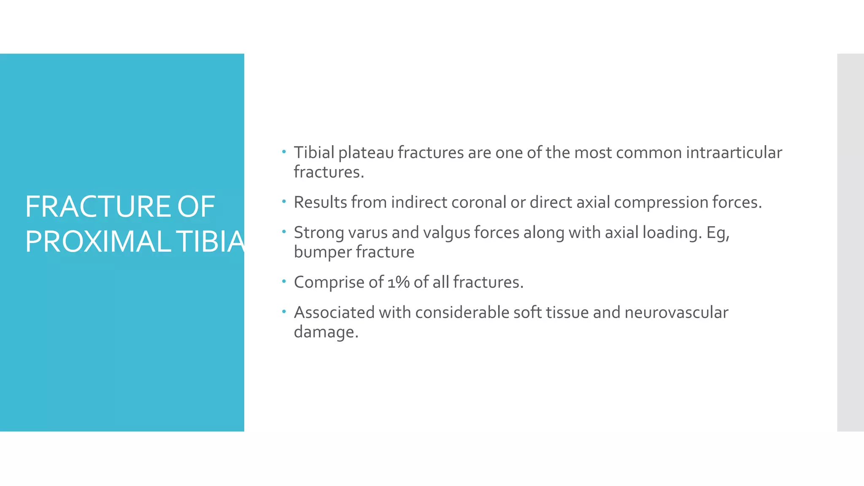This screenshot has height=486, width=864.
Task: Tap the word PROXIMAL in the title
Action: tap(98, 242)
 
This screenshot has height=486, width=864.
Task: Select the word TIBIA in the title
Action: tap(210, 242)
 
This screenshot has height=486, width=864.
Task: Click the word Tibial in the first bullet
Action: tap(314, 152)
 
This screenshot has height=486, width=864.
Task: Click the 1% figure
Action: tap(399, 282)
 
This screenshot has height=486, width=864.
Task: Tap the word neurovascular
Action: tap(676, 313)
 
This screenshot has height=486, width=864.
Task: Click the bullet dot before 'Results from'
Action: tap(284, 201)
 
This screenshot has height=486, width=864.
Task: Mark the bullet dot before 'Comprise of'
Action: tap(284, 281)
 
